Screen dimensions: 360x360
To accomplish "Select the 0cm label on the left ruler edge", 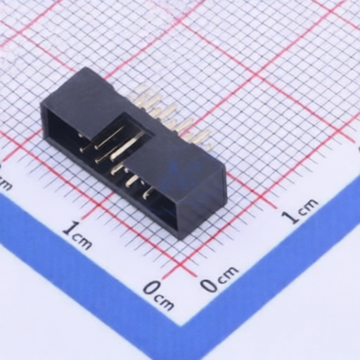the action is (x=159, y=296).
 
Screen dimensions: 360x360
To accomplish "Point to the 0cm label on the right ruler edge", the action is (x=219, y=280).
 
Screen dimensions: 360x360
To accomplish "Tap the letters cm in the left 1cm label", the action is (x=82, y=241).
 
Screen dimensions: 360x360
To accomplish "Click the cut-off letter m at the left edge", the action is (x=5, y=185).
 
